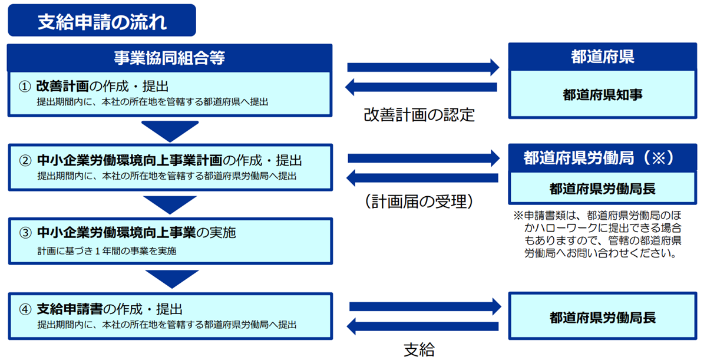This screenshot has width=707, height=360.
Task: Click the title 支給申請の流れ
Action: (101, 21)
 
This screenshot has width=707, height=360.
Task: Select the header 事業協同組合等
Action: (170, 58)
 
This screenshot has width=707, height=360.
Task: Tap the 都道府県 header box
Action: (602, 57)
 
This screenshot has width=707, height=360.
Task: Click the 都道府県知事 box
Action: (602, 94)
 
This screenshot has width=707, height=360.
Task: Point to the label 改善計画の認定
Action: (419, 114)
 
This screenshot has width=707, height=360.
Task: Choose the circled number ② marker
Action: (24, 160)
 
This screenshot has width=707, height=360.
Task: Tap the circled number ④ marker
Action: (24, 309)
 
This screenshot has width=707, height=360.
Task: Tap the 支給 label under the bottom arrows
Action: (419, 349)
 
